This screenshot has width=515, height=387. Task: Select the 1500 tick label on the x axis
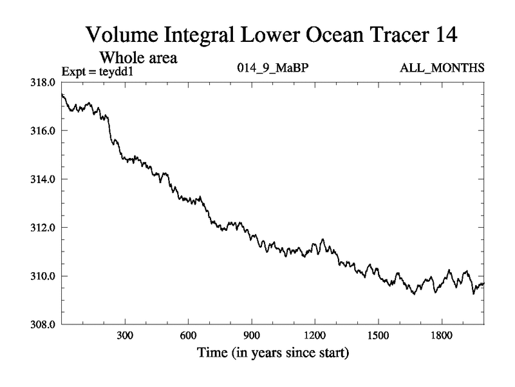(x=378, y=336)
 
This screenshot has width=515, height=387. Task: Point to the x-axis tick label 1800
(x=441, y=336)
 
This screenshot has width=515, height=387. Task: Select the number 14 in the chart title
(x=444, y=35)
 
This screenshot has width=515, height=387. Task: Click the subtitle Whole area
(x=138, y=57)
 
